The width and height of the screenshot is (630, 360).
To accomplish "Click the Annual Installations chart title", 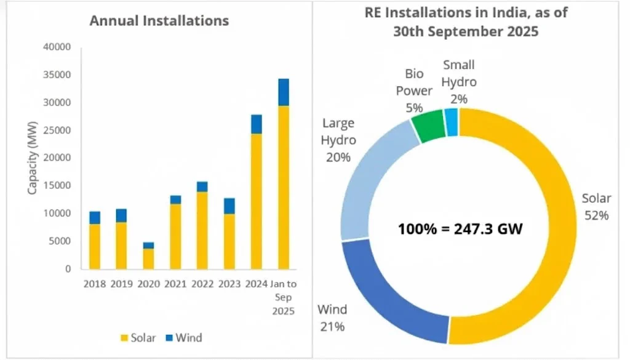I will [159, 20].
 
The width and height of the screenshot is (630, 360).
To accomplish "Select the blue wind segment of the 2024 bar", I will [257, 124].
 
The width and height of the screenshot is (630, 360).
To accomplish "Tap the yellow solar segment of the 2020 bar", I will [149, 258].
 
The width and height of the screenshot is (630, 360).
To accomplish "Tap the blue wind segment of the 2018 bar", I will [95, 217].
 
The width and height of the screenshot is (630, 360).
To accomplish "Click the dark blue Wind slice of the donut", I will [388, 295].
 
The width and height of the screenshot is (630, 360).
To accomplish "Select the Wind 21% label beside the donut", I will [332, 316].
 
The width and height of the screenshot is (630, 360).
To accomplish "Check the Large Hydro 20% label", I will [338, 140].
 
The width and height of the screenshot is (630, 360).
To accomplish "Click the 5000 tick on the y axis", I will [62, 241].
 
